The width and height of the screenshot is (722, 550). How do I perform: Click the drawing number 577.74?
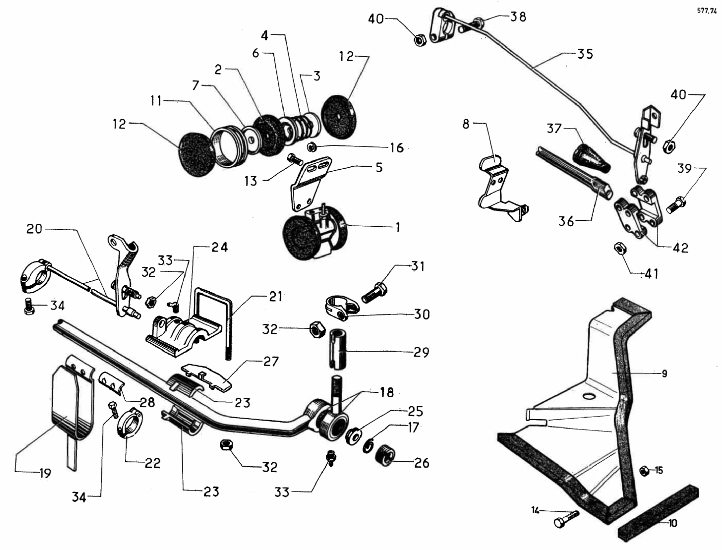[707, 11]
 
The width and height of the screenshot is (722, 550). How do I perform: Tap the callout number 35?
[585, 54]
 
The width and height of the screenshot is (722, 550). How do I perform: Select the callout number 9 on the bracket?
[664, 374]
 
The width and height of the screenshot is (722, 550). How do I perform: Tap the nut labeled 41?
[620, 248]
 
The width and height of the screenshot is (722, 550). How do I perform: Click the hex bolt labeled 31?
[374, 293]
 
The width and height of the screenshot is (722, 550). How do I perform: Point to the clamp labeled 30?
[341, 307]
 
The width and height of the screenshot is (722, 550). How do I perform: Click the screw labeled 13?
[295, 159]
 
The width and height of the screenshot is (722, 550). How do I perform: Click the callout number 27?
[271, 362]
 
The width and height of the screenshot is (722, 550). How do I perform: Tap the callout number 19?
[45, 473]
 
